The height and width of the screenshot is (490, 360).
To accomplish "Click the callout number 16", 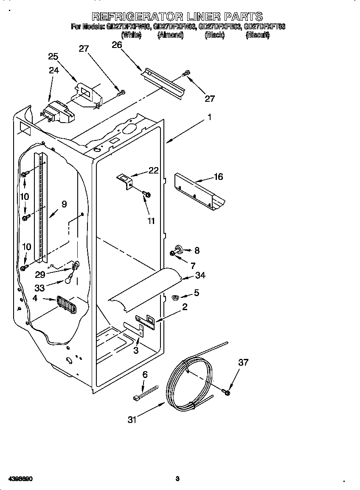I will [218, 177].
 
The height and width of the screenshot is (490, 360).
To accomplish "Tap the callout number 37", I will [243, 362].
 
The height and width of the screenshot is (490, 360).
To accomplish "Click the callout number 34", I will [200, 276].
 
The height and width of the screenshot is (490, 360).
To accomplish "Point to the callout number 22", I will [153, 171].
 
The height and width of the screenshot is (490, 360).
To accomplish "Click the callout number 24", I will [54, 70].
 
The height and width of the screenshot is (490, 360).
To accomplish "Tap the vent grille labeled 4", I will [67, 305].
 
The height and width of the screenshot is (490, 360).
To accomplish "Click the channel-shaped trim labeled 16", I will [199, 191].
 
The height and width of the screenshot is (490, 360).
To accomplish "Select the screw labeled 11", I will [147, 194].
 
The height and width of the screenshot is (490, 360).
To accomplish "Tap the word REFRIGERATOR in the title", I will [136, 17].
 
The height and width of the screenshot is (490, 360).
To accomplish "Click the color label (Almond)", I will [170, 36].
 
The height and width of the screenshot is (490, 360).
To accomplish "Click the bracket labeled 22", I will [125, 180].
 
